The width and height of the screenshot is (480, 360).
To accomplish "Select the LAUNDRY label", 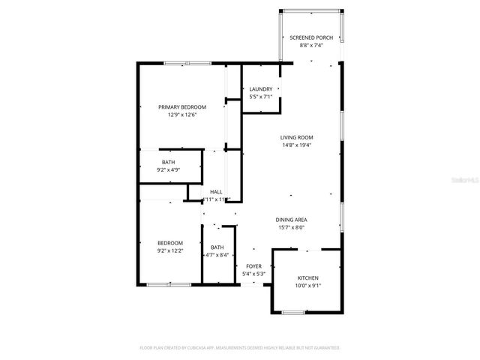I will point(261,89).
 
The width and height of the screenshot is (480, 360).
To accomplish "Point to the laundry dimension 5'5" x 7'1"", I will point(261,97).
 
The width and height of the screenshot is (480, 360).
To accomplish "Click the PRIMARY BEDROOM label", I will point(181,106).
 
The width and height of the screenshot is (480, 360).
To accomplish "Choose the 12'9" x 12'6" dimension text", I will point(181,115).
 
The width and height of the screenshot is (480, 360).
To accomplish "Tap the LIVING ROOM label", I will point(297,137).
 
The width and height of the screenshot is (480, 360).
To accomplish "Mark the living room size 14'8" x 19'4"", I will point(297,145).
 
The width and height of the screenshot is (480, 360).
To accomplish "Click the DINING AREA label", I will point(292,220).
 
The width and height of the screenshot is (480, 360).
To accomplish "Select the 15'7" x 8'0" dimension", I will point(292,228).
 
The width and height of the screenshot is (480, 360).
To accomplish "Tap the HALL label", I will point(216,191).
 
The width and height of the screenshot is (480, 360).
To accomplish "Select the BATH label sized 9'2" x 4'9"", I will point(169,162).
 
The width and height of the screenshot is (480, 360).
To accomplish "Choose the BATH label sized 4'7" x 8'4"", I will point(217,247).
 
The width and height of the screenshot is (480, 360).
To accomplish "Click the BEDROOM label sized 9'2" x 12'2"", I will point(169,242).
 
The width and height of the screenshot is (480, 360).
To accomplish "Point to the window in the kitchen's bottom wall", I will point(293,312).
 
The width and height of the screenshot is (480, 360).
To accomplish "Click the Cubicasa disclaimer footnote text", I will point(240,348).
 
